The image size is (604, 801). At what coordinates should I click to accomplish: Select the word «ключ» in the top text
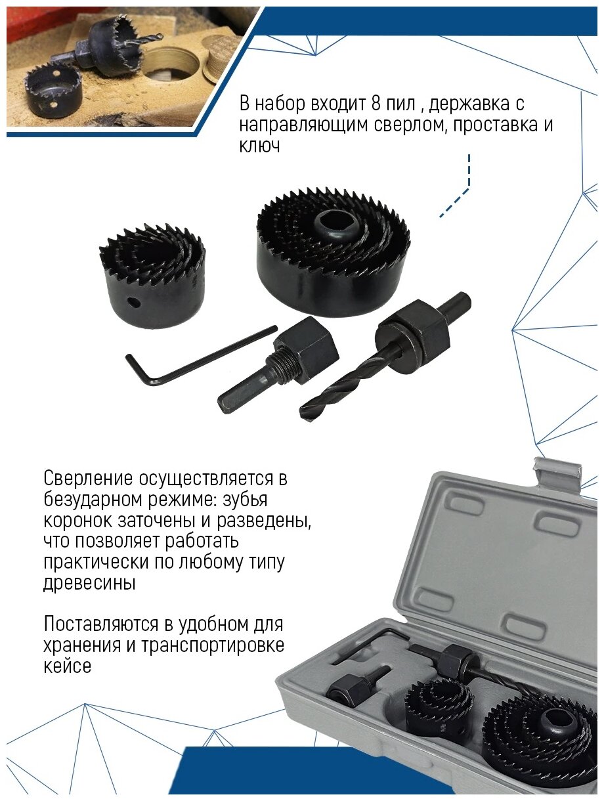click(259, 146)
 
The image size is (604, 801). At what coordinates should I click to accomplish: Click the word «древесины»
click(89, 583)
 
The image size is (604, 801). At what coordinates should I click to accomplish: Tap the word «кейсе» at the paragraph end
click(68, 666)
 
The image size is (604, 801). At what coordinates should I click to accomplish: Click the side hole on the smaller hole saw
click(133, 302)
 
